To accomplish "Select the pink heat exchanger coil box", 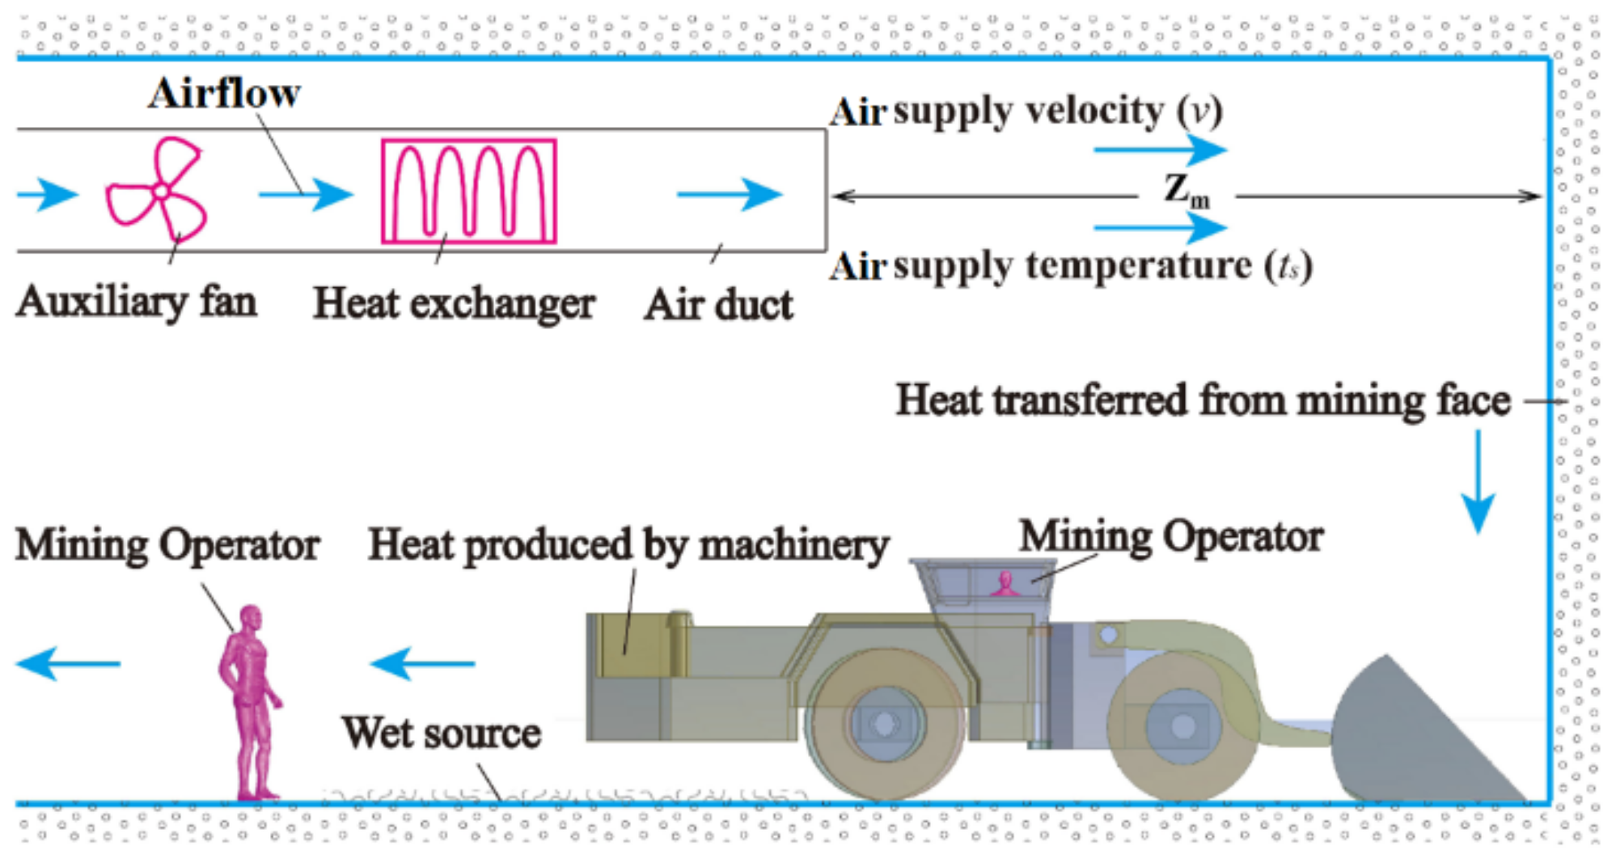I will tap(469, 192).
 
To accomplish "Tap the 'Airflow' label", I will tap(224, 93).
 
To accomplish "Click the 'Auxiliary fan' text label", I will tap(136, 303).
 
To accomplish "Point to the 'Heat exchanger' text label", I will tap(454, 304).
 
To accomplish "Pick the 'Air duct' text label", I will tap(718, 306).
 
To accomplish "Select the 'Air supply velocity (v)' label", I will tap(1026, 111).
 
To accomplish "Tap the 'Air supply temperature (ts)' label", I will tap(1070, 266).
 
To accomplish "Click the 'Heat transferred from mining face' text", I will tap(1203, 400).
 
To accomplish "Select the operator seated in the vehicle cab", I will tap(1005, 584).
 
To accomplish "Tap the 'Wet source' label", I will tap(441, 733).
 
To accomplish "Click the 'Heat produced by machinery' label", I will tap(628, 544).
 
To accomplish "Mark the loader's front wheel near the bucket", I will tap(1182, 726).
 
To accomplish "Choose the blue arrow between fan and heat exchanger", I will tap(306, 194).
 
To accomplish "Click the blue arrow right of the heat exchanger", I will tap(730, 194).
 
